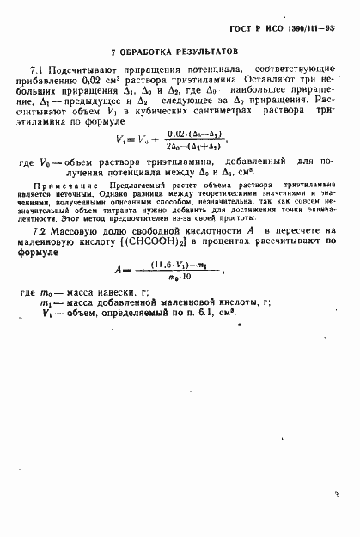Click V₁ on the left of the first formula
click(121, 139)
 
